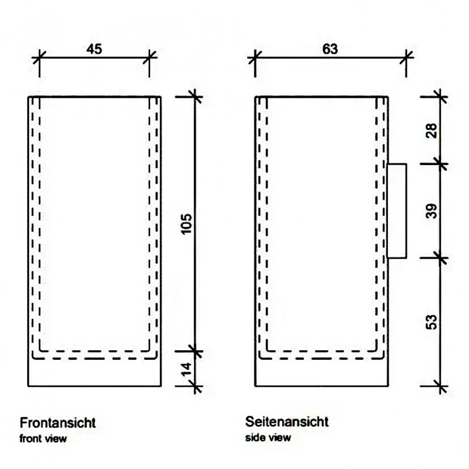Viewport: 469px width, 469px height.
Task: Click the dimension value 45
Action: click(94, 49)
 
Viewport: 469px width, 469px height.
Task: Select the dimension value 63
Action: click(330, 49)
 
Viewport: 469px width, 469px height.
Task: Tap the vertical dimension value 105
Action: click(186, 224)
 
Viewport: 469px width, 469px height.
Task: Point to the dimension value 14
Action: click(186, 369)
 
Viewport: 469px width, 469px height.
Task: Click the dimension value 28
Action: click(431, 130)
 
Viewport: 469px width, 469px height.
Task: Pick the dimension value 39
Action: click(431, 211)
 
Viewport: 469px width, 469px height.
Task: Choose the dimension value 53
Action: click(431, 322)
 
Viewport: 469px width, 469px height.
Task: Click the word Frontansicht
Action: click(58, 423)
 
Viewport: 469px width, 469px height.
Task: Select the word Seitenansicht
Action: click(287, 422)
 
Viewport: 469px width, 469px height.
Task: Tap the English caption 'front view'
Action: click(43, 439)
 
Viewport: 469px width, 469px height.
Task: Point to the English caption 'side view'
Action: click(268, 438)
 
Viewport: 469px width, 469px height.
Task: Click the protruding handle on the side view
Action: click(397, 211)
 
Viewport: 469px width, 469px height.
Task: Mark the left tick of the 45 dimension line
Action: click(39, 57)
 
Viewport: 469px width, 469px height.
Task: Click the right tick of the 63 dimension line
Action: click(406, 57)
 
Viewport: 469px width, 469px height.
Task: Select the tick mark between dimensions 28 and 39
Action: click(440, 164)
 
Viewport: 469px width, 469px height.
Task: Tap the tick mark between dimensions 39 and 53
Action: click(440, 258)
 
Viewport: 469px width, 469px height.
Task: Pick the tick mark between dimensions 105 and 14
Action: click(195, 351)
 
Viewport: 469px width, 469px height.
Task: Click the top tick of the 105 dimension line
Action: click(195, 97)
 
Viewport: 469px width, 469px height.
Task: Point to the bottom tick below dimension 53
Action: click(440, 386)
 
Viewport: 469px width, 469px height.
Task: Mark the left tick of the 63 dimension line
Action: click(255, 57)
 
